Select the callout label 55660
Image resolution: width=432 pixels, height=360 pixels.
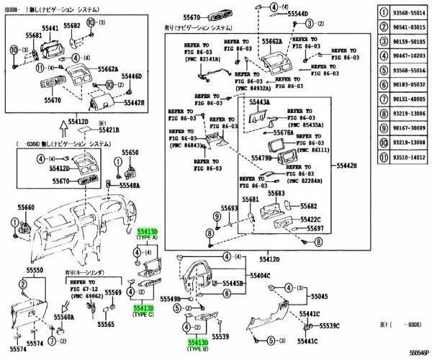pyautogui.click(x=25, y=207)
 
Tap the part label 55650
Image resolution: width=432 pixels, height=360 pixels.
pyautogui.click(x=130, y=153)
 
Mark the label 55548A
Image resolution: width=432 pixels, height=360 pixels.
pyautogui.click(x=130, y=185)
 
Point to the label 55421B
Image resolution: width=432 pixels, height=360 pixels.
pyautogui.click(x=108, y=130)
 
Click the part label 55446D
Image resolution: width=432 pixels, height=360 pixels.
pyautogui.click(x=131, y=76)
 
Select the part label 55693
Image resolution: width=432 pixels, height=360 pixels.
pyautogui.click(x=229, y=209)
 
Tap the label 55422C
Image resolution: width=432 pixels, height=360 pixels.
pyautogui.click(x=311, y=219)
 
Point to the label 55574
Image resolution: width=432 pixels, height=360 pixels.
pyautogui.click(x=27, y=349)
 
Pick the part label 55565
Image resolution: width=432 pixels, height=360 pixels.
pyautogui.click(x=106, y=325)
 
